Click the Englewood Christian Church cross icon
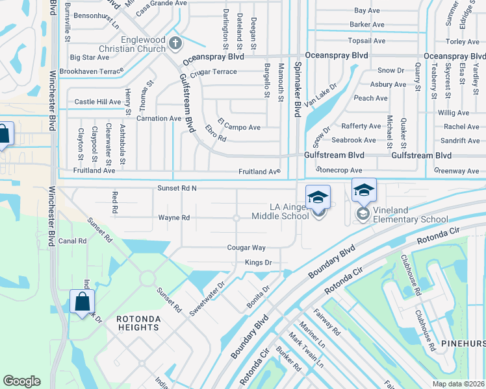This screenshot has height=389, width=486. coord(174,44)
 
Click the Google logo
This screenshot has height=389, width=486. coord(22,381)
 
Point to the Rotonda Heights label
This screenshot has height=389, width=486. coord(137,323)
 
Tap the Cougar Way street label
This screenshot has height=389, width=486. coord(246,248)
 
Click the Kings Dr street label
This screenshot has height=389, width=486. coord(257,263)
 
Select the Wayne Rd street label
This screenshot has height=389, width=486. coord(174,218)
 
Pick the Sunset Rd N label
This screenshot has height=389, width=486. coord(176,188)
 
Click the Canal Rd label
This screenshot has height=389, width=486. coord(72,241)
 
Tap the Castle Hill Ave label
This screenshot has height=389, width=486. coord(97,102)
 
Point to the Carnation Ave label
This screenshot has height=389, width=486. coord(157,119)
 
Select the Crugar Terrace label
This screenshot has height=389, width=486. coord(214,72)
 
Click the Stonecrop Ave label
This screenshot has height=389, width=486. coord(339,169)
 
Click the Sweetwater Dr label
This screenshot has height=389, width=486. coord(207,298)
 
